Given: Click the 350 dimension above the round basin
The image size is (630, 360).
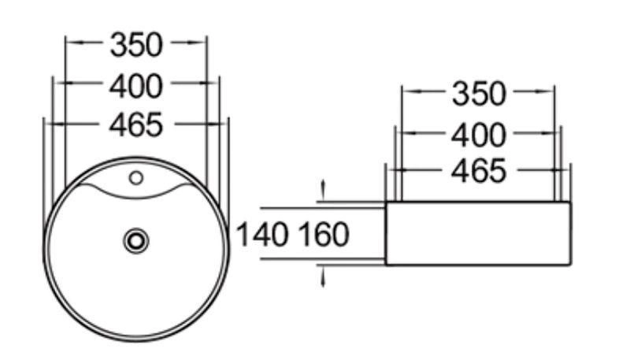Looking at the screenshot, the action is coord(136,45).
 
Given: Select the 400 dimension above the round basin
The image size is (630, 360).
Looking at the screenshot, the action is coord(136,87).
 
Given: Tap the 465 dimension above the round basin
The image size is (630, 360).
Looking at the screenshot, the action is coord(136,124).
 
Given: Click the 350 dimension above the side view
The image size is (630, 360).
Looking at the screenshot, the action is coord(479,94).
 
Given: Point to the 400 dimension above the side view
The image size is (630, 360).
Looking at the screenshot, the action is coord(479,135).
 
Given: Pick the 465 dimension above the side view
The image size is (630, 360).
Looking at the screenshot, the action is coord(479,171).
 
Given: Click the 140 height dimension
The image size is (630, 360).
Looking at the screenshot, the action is coord(262,235).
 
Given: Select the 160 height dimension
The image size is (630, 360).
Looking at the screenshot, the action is coord(324,235).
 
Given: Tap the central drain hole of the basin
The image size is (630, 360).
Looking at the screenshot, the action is coord(136,241).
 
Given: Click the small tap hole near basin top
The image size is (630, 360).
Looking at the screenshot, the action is coord(136,177).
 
